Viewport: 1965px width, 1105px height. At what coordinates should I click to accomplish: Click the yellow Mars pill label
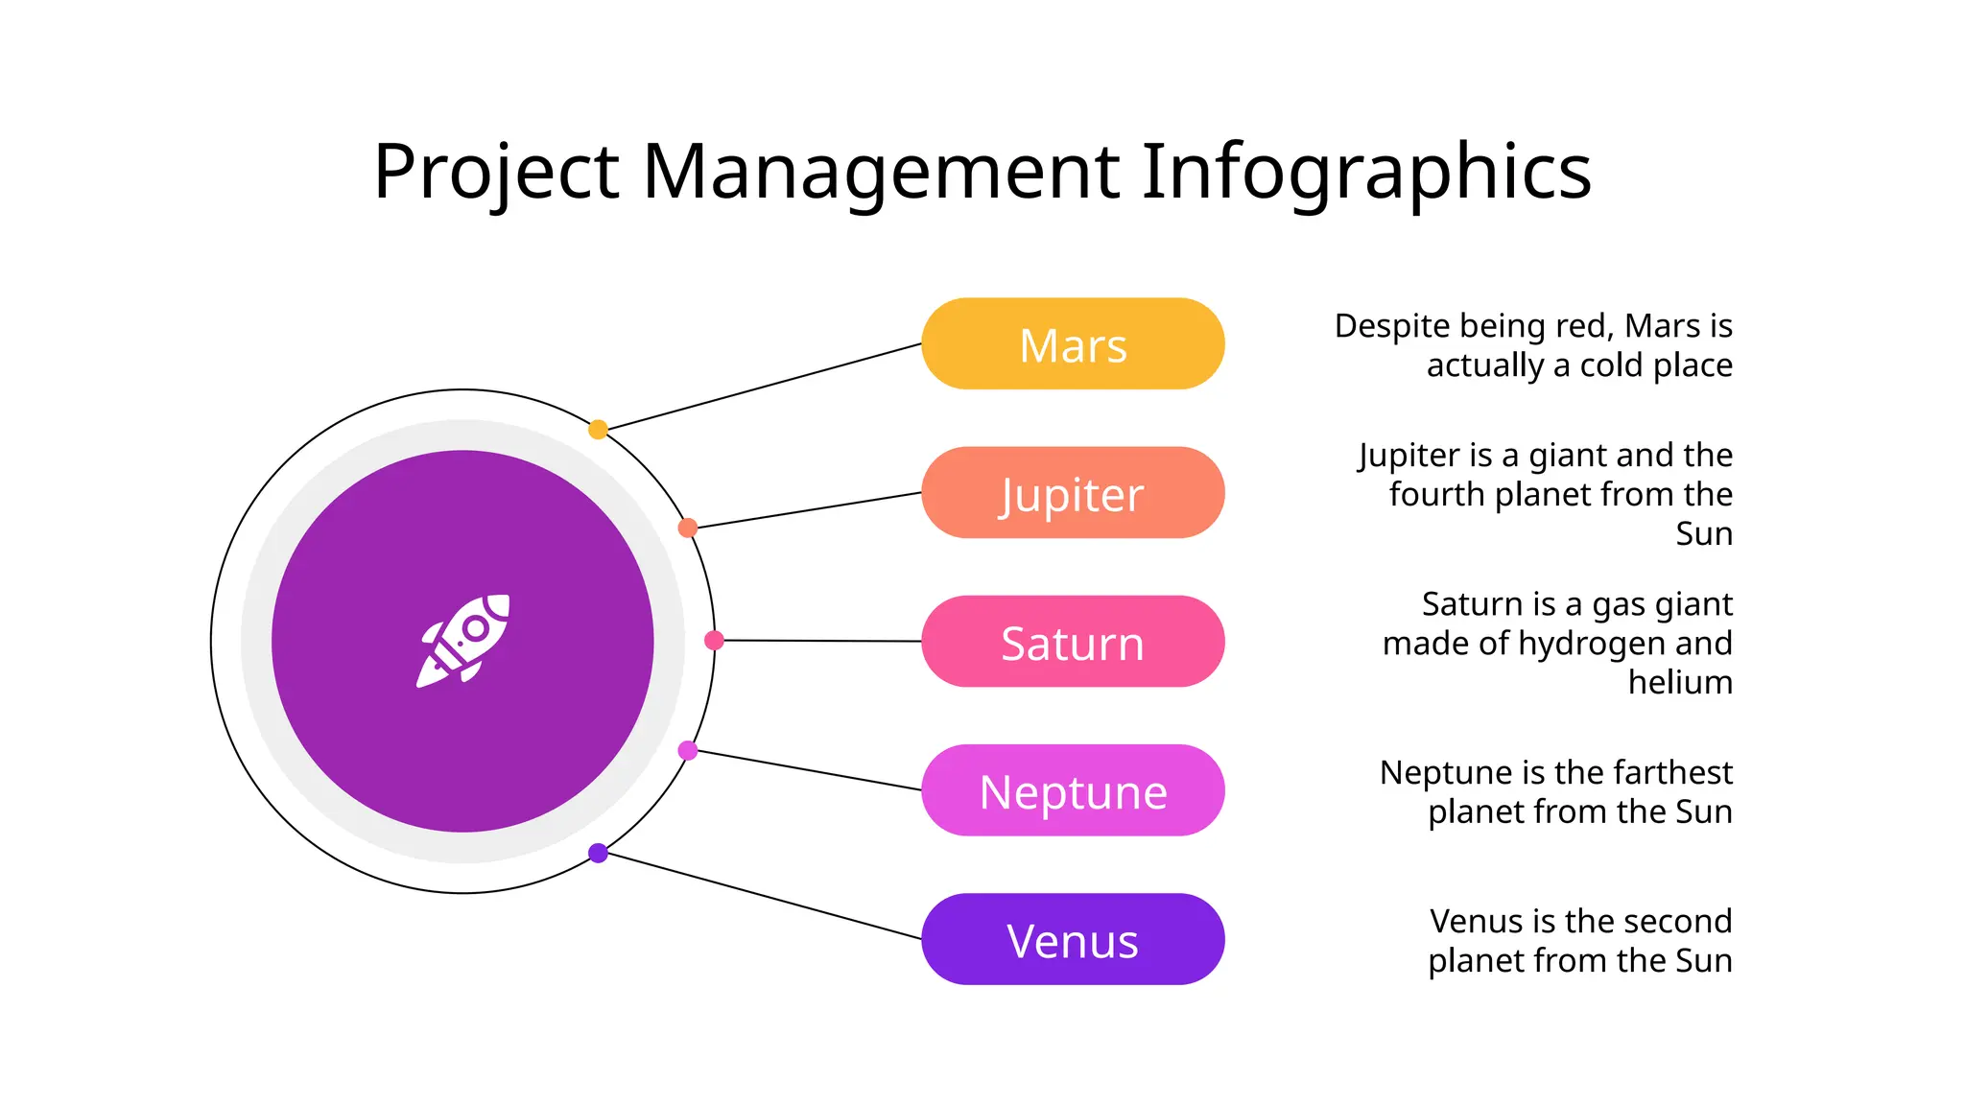[x=1073, y=344]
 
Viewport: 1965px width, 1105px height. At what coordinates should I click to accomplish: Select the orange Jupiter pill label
[x=1073, y=493]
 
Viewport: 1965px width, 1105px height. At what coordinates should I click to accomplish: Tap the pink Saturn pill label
[x=1073, y=642]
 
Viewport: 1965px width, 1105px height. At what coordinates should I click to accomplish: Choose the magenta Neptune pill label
[x=1073, y=790]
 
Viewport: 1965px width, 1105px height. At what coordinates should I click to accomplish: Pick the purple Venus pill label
[x=1073, y=939]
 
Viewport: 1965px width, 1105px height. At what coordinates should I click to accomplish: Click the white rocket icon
[x=463, y=640]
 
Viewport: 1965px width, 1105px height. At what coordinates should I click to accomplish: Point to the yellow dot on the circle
[x=598, y=429]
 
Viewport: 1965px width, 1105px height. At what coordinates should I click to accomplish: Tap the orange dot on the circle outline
[x=688, y=528]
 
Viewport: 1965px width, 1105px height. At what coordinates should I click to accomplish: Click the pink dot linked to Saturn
[x=714, y=640]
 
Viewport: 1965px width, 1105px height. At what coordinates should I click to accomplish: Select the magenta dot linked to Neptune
[x=688, y=750]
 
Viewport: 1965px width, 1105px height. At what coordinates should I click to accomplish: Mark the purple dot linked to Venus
[x=598, y=853]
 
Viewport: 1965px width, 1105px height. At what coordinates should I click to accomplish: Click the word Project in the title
[x=496, y=173]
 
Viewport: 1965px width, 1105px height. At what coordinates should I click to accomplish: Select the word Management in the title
[x=880, y=173]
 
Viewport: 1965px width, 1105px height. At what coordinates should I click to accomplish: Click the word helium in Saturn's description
[x=1680, y=682]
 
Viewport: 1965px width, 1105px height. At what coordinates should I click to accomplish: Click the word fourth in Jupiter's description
[x=1436, y=494]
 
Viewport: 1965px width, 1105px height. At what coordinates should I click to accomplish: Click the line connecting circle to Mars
[x=763, y=387]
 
